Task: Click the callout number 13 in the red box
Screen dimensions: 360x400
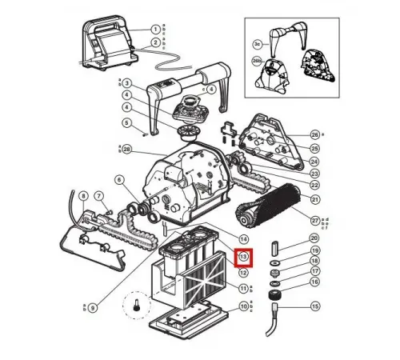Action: [244, 258]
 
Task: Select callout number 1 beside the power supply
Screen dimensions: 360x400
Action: [156, 30]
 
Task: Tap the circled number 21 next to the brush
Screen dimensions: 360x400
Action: [315, 199]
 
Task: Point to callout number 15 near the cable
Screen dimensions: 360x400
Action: [315, 306]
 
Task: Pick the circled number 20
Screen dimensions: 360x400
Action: [314, 238]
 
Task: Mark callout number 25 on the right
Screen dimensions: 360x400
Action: [315, 148]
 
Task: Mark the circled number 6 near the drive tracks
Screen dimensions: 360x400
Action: [119, 180]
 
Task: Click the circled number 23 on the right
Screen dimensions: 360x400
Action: [315, 174]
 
